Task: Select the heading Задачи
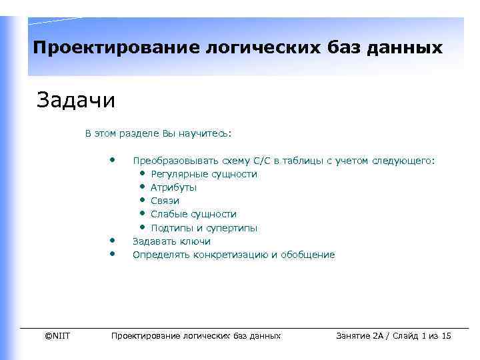click(x=76, y=101)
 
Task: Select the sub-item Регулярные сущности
click(x=203, y=174)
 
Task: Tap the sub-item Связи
click(x=165, y=201)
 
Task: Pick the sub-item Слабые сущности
click(x=193, y=214)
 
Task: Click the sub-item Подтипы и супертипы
click(x=204, y=228)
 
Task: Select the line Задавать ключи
click(x=171, y=241)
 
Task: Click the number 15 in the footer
click(x=446, y=335)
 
